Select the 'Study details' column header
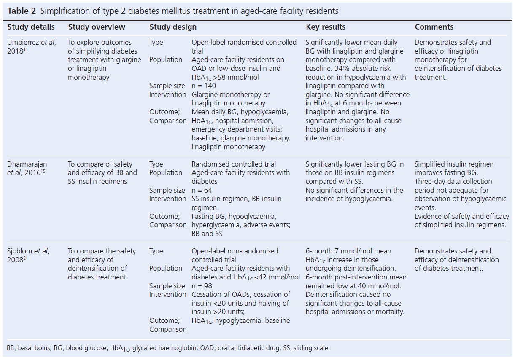point(31,27)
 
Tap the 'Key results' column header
point(326,27)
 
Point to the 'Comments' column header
point(434,27)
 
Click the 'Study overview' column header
point(97,27)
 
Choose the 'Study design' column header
point(173,27)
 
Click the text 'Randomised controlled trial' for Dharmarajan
point(234,164)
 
